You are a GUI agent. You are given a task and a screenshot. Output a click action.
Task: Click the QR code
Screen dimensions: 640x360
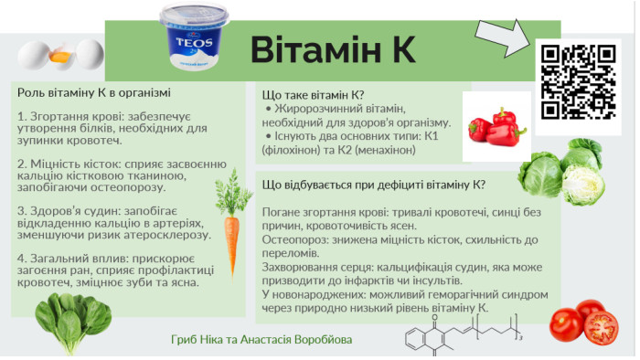point(578,82)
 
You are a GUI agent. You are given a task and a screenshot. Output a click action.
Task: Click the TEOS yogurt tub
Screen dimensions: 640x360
point(194,36)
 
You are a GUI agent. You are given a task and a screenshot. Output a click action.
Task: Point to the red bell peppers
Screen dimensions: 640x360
point(496,127)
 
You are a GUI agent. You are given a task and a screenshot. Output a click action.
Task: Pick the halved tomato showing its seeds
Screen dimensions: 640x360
point(601,328)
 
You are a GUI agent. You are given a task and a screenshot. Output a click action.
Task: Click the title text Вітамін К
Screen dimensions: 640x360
point(333,49)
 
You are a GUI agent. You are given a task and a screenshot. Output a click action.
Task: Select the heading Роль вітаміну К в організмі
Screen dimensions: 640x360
point(94,93)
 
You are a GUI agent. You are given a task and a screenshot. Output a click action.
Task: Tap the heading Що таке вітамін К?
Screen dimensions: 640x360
point(313,95)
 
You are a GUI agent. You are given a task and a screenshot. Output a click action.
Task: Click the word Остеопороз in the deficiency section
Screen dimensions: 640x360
point(295,239)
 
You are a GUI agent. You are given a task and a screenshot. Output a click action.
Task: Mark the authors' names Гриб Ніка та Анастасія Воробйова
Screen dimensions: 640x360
point(261,340)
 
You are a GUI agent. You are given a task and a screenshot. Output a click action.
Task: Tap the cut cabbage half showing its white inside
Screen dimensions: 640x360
point(583,185)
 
